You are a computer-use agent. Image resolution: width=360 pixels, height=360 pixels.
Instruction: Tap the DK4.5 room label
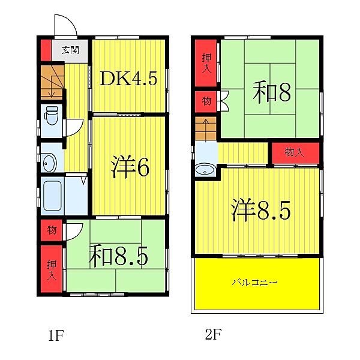129,78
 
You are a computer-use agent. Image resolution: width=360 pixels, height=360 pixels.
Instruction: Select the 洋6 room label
130,168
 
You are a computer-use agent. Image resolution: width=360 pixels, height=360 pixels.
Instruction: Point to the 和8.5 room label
119,256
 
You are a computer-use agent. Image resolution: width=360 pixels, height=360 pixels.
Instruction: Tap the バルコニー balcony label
257,281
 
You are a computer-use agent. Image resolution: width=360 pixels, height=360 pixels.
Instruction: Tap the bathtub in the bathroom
52,194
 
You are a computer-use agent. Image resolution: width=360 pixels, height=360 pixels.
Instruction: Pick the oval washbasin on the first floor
49,162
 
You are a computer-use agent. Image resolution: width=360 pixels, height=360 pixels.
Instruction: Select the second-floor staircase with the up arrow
205,129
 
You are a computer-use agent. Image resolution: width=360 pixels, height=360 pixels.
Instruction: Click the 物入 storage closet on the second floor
293,152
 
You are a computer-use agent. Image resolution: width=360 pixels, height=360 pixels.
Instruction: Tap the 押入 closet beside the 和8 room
206,62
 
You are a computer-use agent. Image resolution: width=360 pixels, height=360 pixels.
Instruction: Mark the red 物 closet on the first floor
52,229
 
